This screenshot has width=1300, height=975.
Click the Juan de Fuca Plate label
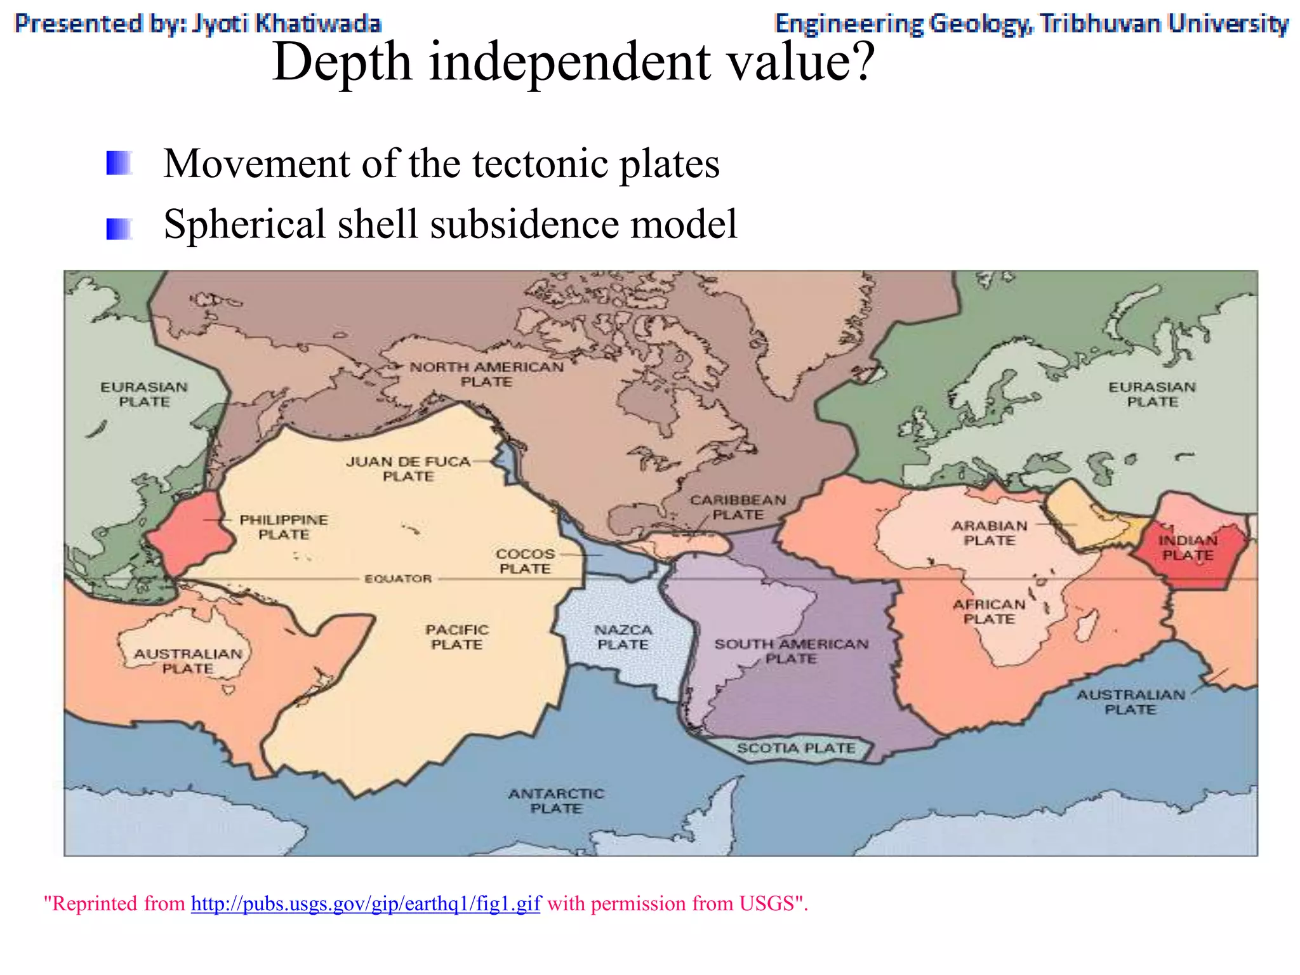click(408, 469)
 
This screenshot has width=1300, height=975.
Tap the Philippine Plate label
click(284, 527)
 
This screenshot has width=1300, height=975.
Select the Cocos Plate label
click(525, 561)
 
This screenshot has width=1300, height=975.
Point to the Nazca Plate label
click(623, 637)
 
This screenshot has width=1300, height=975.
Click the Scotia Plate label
click(796, 748)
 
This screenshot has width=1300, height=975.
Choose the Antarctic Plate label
click(556, 800)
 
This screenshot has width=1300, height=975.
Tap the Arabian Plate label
click(989, 533)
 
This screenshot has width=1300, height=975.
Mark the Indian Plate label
click(1188, 548)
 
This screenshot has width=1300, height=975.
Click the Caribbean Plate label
click(738, 507)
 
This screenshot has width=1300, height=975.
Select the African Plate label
click(989, 611)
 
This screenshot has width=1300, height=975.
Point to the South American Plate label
click(791, 651)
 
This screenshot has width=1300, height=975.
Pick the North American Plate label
click(486, 374)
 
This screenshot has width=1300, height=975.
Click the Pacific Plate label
click(457, 637)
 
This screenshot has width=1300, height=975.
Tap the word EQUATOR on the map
click(398, 579)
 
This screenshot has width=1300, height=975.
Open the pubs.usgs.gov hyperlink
click(366, 903)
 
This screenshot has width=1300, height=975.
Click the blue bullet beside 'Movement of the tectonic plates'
click(119, 163)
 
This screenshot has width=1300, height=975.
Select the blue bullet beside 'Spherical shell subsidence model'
click(119, 229)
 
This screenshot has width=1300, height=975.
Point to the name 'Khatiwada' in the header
click(317, 23)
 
